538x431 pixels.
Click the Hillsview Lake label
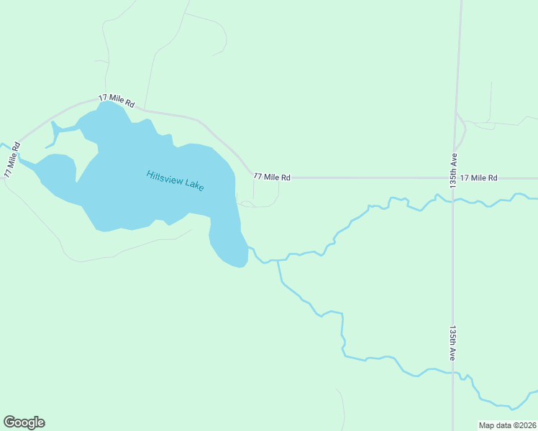coord(175,180)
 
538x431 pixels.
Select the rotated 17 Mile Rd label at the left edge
coord(12,159)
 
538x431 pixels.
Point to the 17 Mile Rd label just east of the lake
coord(272,177)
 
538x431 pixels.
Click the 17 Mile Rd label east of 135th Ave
coord(479,177)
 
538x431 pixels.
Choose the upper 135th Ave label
coord(455,169)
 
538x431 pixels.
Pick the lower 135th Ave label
coord(454,343)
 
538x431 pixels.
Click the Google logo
coord(24,422)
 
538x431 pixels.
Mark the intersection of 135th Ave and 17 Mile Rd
coord(454,177)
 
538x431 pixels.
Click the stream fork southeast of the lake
coord(278,260)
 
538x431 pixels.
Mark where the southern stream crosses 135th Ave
coord(453,373)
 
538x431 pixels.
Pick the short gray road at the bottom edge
coord(342,409)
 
